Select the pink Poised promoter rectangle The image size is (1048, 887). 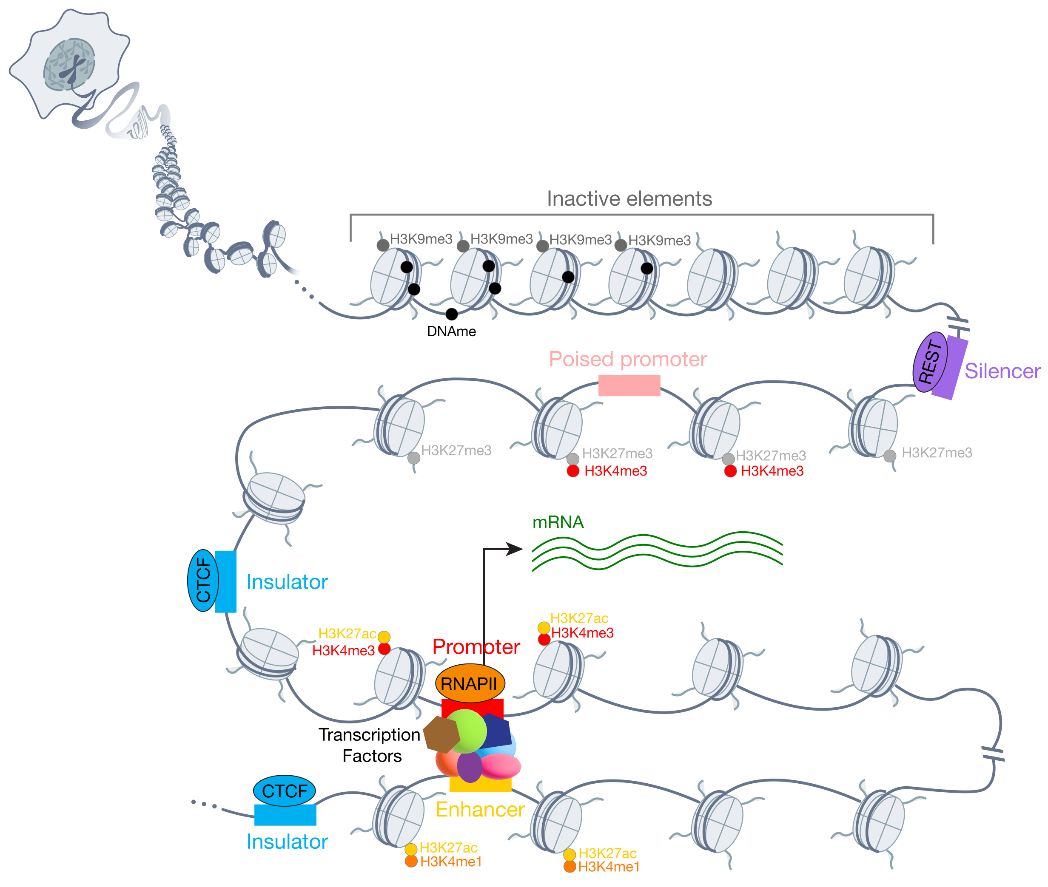coord(629,385)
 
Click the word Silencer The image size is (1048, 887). coord(1002,371)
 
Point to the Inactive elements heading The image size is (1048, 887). coord(629,198)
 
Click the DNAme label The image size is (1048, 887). coord(451,332)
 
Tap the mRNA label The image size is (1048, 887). coord(558,522)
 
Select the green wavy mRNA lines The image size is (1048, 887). coord(657,551)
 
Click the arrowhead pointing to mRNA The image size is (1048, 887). coord(514,549)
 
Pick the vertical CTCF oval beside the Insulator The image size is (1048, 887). coord(203,581)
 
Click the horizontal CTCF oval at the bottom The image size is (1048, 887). coord(284,791)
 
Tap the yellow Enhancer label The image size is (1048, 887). coord(480,810)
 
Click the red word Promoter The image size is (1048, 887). coord(476,646)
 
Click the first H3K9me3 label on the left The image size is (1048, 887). coord(421,239)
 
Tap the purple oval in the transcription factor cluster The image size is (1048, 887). coord(470,766)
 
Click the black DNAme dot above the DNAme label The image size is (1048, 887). coord(452,314)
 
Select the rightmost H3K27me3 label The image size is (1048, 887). coord(936,453)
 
